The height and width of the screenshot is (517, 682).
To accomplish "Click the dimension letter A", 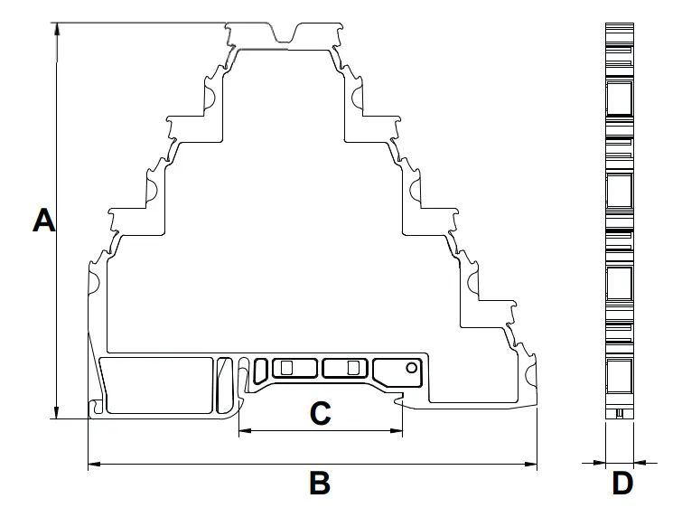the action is coord(44,221).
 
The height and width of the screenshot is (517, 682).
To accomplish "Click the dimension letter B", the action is coord(320,482).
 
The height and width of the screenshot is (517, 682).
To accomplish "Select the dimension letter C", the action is coord(321,413).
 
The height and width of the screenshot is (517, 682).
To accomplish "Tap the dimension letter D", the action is coord(622,482).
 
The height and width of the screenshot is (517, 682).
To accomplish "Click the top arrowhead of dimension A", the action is coord(57,29).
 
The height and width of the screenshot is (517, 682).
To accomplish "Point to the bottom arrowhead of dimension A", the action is coord(57,412).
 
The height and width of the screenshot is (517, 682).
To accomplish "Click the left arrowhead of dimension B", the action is coord(94,464).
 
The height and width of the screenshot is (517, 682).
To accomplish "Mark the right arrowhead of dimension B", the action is coord(530,464).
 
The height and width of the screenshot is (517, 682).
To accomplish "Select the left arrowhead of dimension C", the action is coord(246,431).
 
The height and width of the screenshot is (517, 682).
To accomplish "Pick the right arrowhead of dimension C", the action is coord(397,431).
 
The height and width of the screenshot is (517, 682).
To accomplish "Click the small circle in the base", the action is coord(411,368).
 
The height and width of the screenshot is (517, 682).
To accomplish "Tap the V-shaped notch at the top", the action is coord(285,35).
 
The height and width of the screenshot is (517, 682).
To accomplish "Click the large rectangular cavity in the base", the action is coord(159,385).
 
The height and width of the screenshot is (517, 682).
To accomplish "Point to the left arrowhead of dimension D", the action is coord(599,463).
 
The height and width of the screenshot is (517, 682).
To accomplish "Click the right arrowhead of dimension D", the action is coord(640,463).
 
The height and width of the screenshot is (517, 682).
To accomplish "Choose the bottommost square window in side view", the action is coord(620,375).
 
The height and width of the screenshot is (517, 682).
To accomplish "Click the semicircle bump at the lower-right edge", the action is coord(531,376).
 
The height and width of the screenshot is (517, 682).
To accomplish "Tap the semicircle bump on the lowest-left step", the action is coord(94,283).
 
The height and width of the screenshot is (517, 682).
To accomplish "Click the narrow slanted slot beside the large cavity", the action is coord(224,385).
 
